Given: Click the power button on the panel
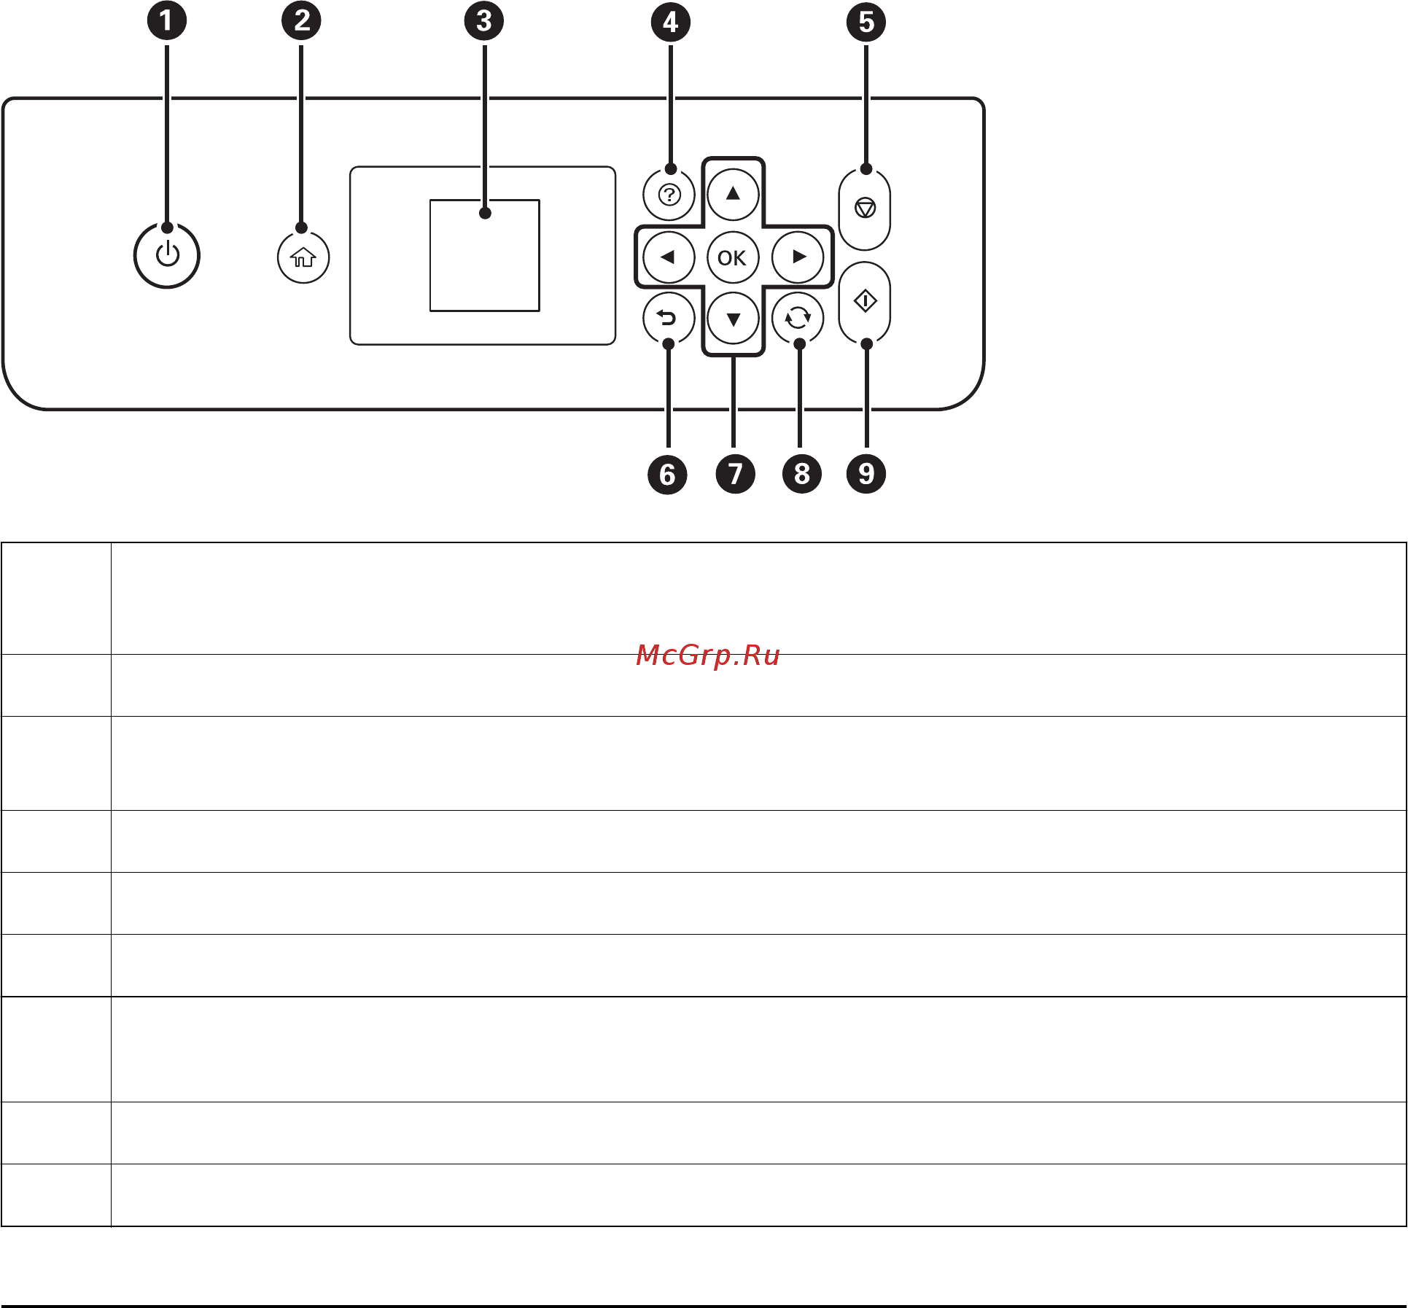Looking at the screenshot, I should pos(167,256).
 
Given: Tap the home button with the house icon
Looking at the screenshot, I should pos(303,257).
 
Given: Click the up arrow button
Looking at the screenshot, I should pos(733,194).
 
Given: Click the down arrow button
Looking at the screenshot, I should pos(733,319).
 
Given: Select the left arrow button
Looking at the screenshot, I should pos(668,257).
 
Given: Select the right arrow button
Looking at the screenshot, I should pos(798,257).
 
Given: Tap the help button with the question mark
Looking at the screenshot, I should pos(669,195).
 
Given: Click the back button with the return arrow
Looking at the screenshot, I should pos(668,318).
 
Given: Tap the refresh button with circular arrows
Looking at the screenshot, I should pos(798,318).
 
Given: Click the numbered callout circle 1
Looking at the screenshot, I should pos(167,20).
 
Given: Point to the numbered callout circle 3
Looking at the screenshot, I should pos(484,20).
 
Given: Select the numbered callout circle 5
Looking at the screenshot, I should pos(866,22).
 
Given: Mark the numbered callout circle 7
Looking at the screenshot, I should pos(735,474).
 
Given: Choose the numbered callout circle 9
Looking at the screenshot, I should pos(866,474).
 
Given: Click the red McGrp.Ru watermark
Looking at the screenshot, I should pos(707,655).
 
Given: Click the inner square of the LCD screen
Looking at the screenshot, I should pos(484,255).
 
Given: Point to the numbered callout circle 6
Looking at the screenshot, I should pos(667,475).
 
